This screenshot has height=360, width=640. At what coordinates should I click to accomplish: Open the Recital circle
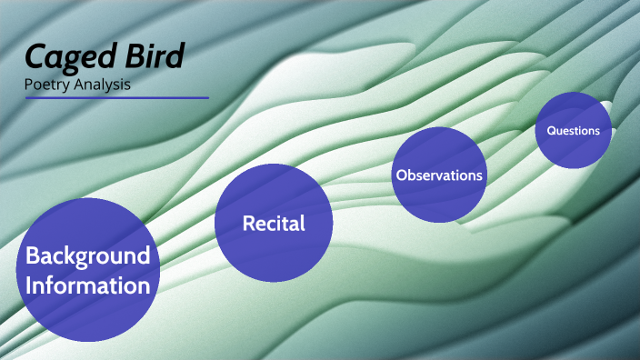pos(273,223)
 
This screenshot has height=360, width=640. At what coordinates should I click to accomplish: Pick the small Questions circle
pos(573,130)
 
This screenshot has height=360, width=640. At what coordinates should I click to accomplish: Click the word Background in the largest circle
pos(87,255)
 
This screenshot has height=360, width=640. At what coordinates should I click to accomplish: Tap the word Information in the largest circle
pos(87,285)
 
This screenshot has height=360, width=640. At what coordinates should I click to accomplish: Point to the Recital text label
pos(273,223)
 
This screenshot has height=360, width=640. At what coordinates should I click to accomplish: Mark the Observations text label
pos(438,175)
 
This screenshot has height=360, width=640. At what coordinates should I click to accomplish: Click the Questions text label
pos(573,130)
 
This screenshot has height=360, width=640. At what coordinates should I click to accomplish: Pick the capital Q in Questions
pos(551,130)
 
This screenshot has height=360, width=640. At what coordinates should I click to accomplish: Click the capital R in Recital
pos(248,223)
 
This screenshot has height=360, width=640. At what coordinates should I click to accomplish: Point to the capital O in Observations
pos(400,175)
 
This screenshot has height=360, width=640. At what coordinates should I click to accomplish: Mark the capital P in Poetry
pos(29,85)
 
